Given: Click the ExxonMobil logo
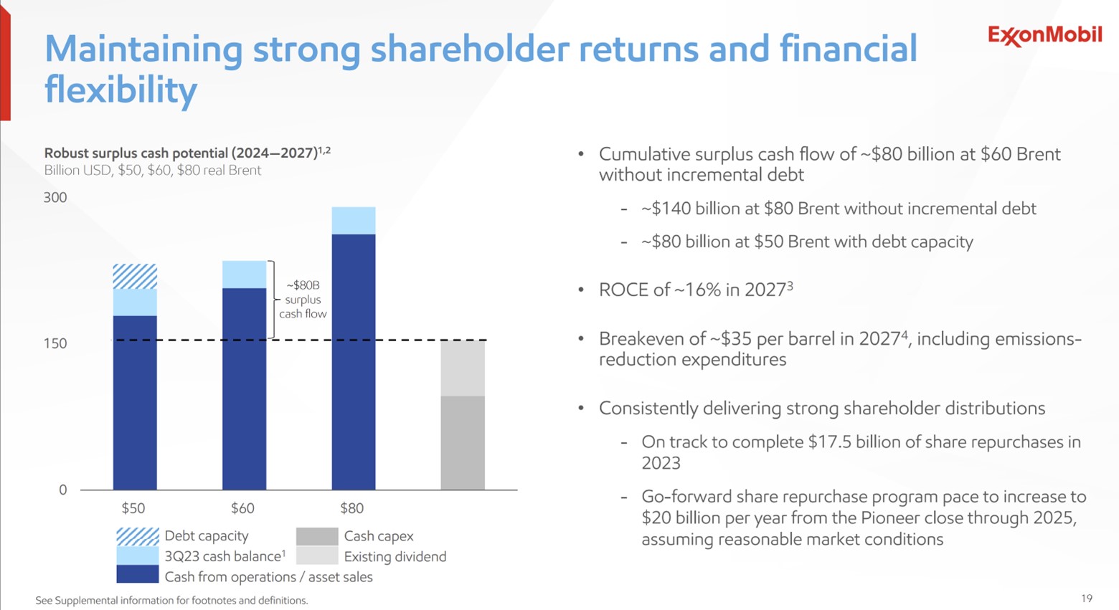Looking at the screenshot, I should click(x=1044, y=35).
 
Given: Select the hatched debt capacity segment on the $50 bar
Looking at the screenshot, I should click(x=135, y=277).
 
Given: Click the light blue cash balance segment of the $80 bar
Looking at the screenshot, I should click(x=354, y=221).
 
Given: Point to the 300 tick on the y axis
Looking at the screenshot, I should click(x=55, y=198).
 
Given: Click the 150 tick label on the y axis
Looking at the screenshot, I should click(x=55, y=343).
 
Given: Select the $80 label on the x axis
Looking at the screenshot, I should click(x=351, y=508).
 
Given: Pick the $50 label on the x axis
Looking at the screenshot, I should click(x=133, y=508).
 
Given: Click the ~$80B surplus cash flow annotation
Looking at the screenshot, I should click(x=303, y=300).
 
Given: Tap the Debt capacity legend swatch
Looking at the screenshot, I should click(x=137, y=536).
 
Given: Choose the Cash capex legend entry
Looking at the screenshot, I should click(x=378, y=536).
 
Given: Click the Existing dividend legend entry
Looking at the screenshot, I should click(x=395, y=557).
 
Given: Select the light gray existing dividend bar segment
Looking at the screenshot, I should click(x=463, y=368).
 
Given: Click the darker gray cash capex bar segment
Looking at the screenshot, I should click(x=463, y=443).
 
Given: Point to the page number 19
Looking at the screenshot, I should click(x=1086, y=598).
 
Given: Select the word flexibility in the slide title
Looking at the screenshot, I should click(x=121, y=90).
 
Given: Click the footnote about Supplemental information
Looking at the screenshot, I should click(x=171, y=601).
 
